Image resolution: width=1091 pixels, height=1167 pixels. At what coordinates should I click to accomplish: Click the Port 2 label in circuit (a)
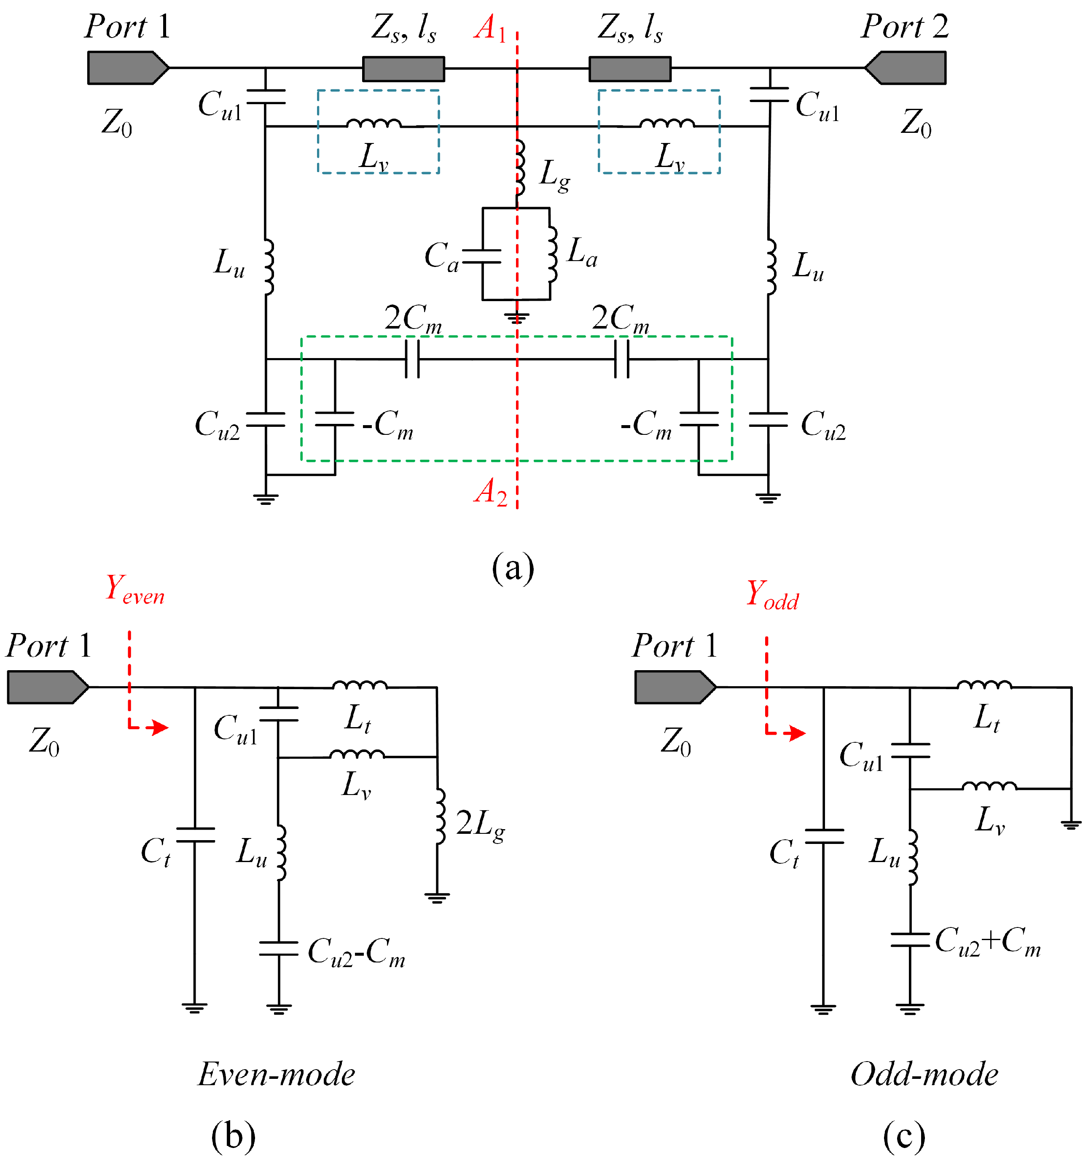pyautogui.click(x=904, y=27)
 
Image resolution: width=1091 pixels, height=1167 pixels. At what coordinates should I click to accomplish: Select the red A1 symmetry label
pyautogui.click(x=490, y=28)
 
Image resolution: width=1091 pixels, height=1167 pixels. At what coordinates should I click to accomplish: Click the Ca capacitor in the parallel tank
pyautogui.click(x=482, y=256)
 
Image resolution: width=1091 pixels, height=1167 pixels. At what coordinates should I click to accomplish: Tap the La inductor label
pyautogui.click(x=582, y=252)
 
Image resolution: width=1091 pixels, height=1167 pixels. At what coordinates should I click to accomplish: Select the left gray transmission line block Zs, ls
pyautogui.click(x=403, y=69)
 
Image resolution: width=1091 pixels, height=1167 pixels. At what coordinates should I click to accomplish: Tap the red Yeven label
pyautogui.click(x=134, y=589)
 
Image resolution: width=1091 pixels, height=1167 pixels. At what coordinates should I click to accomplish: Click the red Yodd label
pyautogui.click(x=772, y=594)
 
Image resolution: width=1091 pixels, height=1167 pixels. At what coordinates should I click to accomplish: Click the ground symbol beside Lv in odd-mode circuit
pyautogui.click(x=1071, y=825)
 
